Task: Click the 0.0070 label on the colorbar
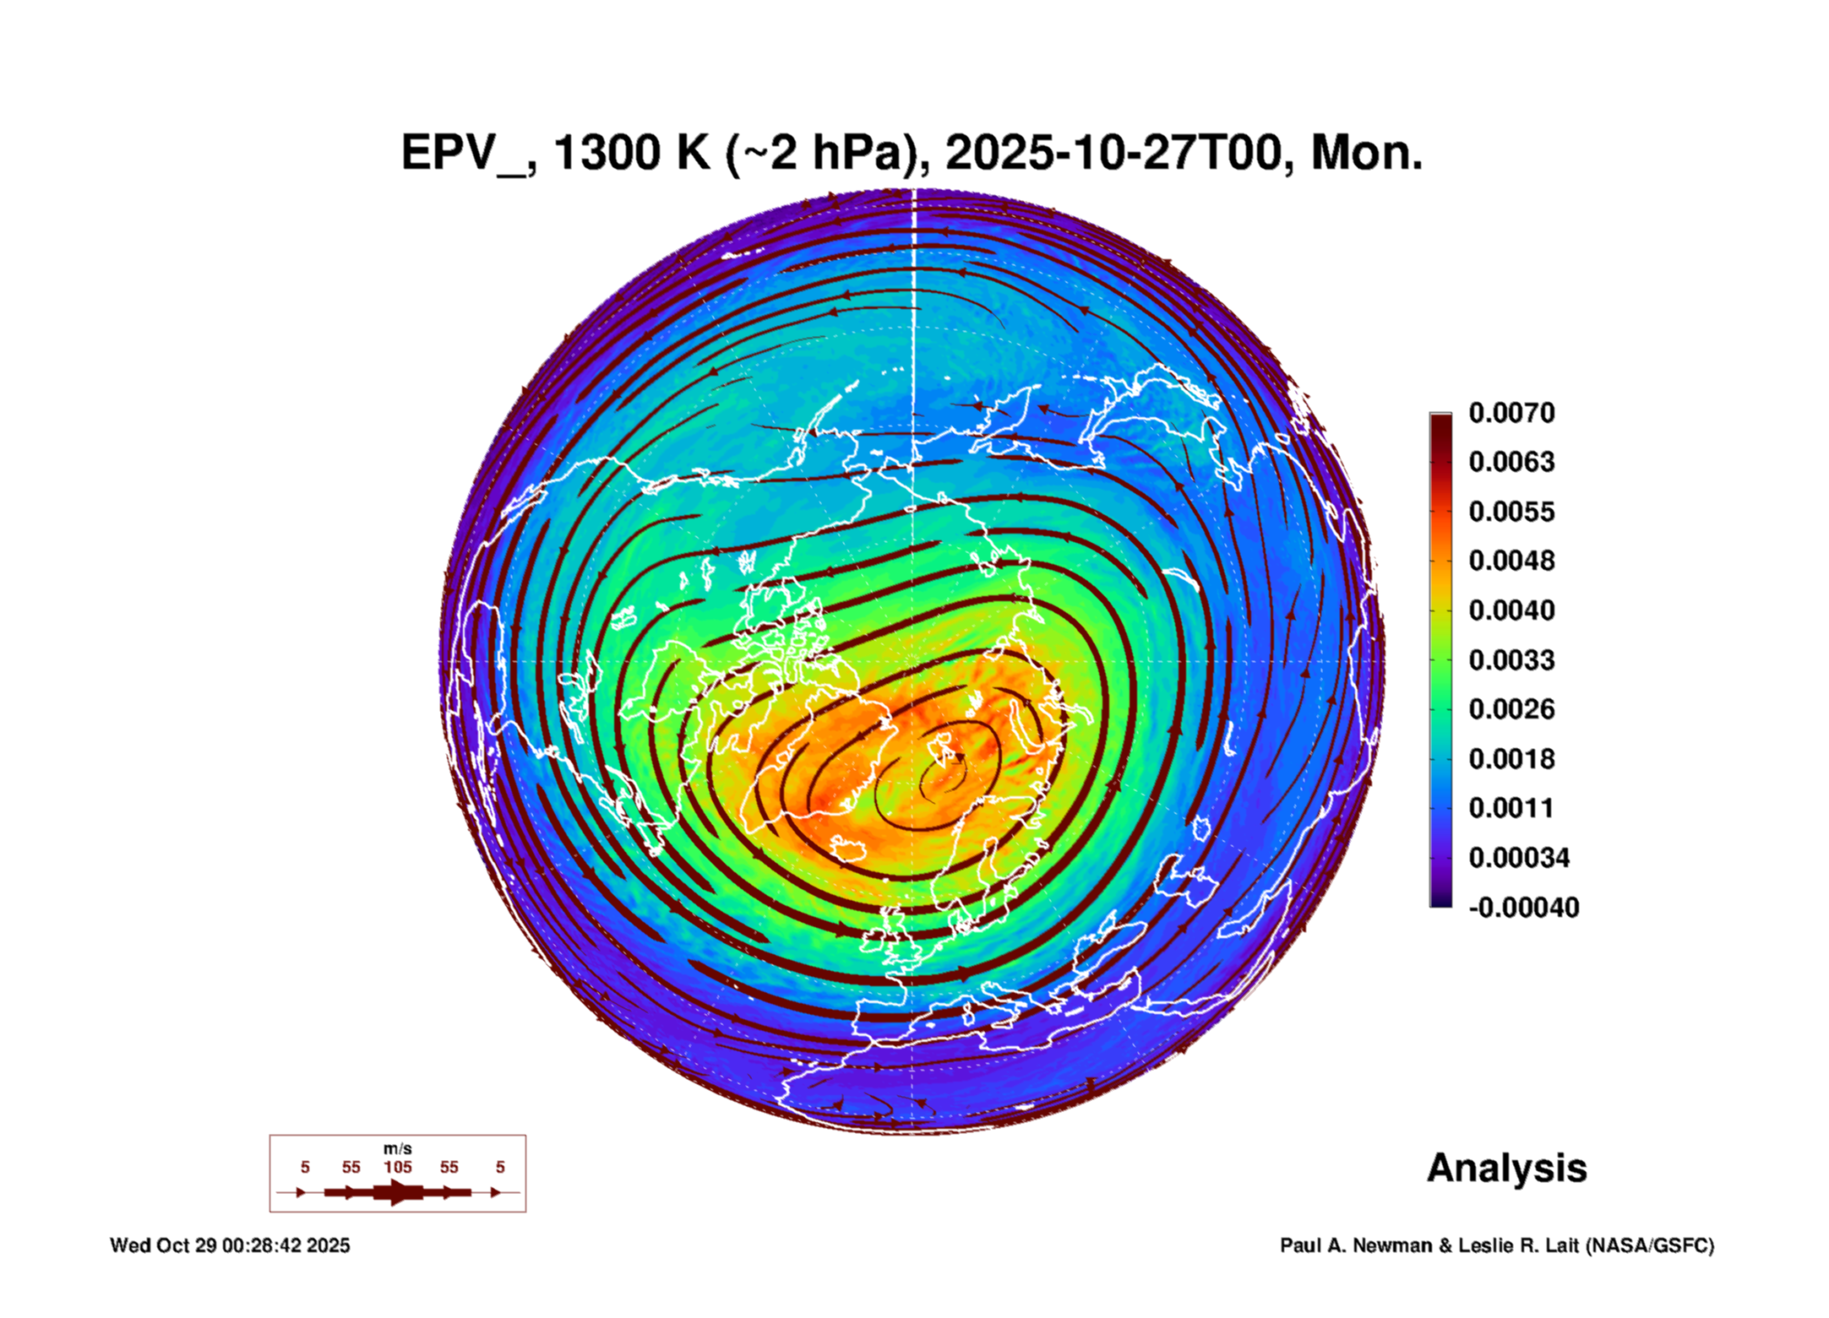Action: click(x=1511, y=413)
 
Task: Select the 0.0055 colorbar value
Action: click(x=1511, y=512)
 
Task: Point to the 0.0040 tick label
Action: click(x=1511, y=610)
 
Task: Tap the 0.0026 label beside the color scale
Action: click(x=1511, y=709)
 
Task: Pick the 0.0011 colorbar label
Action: click(x=1511, y=808)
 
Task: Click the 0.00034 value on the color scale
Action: click(x=1518, y=858)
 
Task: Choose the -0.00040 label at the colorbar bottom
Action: click(x=1523, y=908)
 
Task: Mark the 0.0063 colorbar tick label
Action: click(x=1511, y=462)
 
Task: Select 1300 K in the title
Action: click(x=632, y=154)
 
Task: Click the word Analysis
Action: click(x=1506, y=1168)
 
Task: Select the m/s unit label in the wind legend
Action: click(x=397, y=1148)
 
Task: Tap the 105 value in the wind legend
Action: click(x=397, y=1167)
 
